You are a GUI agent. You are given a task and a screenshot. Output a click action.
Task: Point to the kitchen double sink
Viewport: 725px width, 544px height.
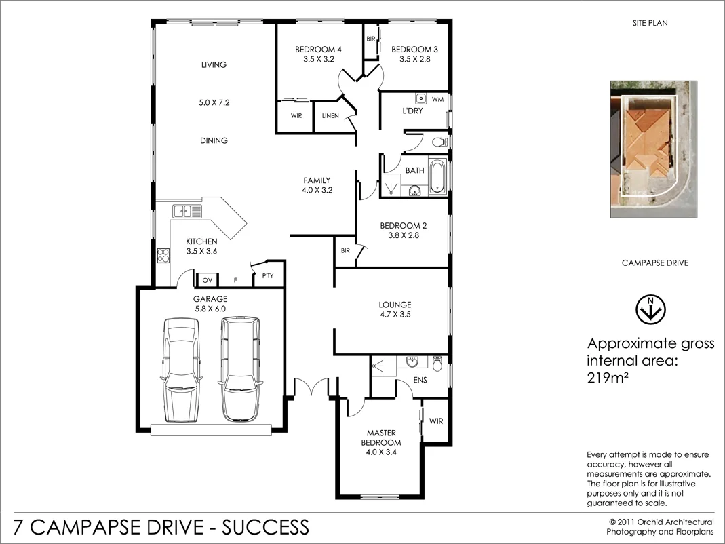pos(187,211)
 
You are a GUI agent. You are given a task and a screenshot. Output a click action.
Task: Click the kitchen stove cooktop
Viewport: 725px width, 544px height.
pos(163,256)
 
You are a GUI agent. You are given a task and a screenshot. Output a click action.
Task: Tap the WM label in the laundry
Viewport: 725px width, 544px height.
pos(437,100)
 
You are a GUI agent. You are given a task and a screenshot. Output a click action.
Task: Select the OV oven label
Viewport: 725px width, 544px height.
pos(208,279)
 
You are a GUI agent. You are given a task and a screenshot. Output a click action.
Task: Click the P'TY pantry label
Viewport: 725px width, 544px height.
pos(267,276)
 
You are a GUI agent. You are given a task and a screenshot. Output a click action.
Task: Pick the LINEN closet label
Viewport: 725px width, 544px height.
pos(330,116)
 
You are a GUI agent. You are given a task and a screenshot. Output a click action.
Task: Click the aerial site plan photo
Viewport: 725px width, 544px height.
pos(654,149)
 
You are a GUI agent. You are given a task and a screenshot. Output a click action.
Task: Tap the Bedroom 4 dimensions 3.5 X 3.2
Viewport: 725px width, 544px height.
pos(318,60)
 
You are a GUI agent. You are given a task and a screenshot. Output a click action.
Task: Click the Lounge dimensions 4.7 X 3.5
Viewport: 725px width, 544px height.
pos(395,315)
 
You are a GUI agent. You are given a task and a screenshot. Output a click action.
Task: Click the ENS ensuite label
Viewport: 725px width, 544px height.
pos(420,381)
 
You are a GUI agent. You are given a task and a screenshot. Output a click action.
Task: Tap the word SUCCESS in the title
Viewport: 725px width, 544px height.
pos(266,527)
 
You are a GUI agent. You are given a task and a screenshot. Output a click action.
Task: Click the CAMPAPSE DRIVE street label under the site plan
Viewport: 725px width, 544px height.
pos(654,263)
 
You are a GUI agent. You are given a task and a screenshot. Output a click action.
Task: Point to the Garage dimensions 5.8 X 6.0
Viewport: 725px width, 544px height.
pos(210,309)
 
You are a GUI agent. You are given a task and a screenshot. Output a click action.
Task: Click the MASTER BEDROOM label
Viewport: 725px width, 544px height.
pos(380,438)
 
